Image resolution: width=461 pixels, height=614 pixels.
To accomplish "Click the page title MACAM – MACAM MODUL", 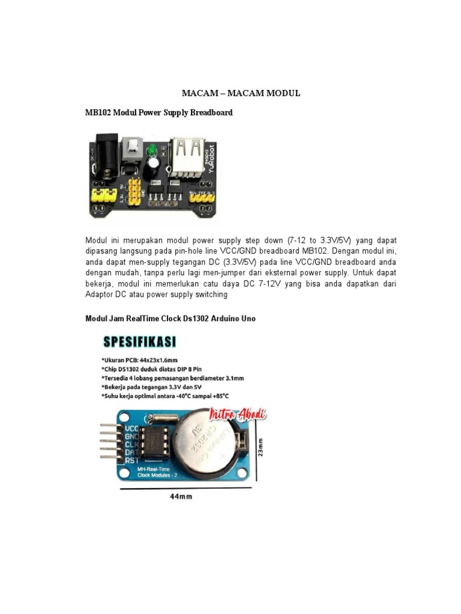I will [241, 94].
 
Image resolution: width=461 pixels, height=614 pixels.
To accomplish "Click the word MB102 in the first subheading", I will [98, 112].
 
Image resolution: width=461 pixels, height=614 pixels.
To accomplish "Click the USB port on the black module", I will [186, 159].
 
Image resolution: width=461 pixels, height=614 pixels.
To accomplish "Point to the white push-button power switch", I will [131, 148].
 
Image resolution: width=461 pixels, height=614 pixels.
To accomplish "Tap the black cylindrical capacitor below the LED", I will [154, 164].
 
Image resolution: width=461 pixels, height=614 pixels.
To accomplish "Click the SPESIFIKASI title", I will [140, 342].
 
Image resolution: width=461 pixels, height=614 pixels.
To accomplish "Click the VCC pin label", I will [131, 429].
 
